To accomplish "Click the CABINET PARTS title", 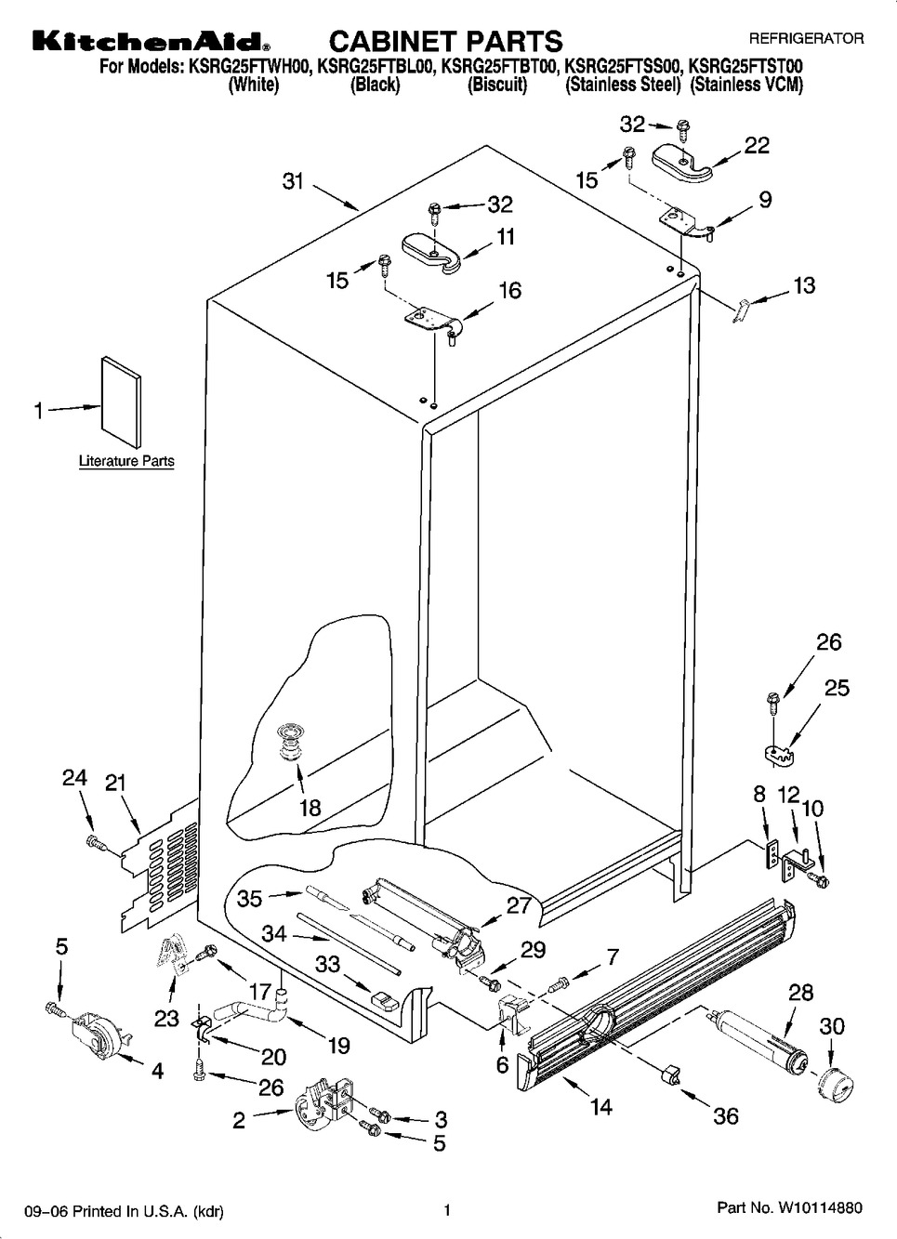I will [446, 41].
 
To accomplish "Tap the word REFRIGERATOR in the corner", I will [806, 39].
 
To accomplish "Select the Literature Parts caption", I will [126, 461].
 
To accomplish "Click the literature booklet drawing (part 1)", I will [122, 397].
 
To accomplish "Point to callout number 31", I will [294, 182].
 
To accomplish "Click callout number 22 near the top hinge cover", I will [758, 146].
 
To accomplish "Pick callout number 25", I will [837, 689].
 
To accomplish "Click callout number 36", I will [725, 1115].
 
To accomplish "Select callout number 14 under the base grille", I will [601, 1107].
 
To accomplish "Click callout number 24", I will [74, 778].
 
